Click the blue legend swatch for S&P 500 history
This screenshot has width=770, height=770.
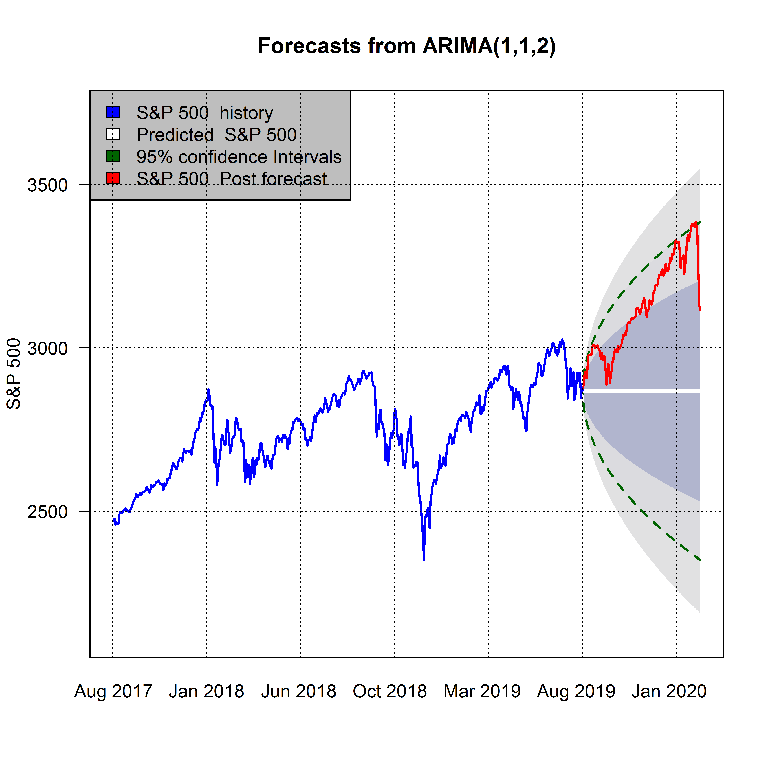point(113,112)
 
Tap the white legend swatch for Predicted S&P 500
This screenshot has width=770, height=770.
point(113,134)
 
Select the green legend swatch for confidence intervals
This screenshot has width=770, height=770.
point(113,156)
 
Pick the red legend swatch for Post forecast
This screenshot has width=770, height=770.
point(113,178)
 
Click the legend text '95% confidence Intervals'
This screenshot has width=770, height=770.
point(239,157)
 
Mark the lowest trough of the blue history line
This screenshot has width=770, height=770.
point(424,559)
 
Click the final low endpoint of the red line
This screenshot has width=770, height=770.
point(700,309)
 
